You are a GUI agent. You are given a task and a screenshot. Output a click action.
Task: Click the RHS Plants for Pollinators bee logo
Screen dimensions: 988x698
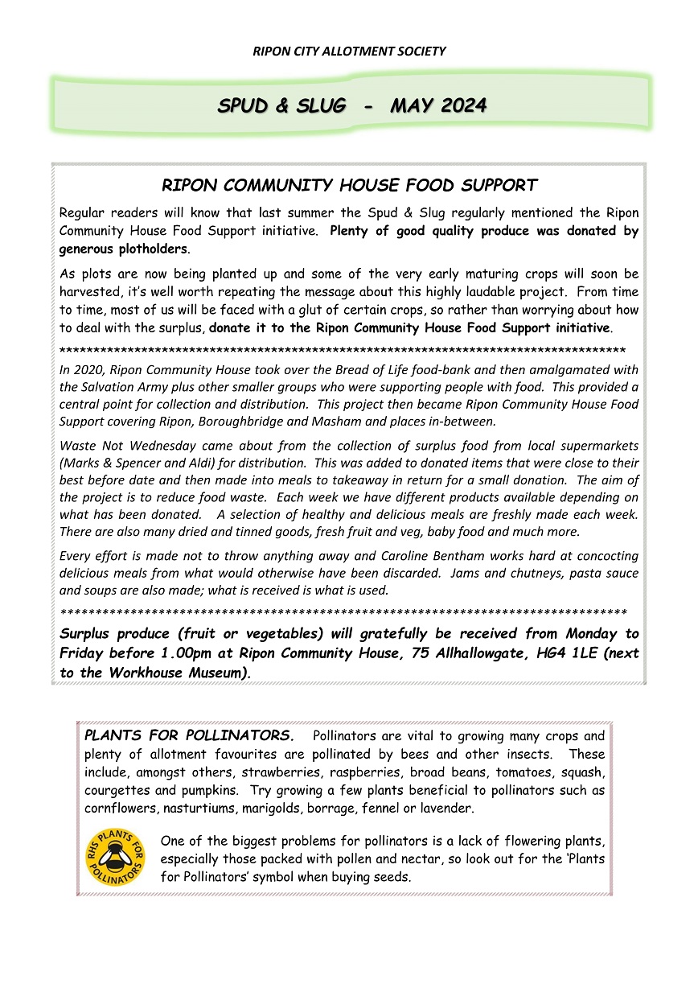116,858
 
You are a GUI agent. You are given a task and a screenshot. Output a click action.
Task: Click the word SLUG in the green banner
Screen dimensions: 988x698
318,105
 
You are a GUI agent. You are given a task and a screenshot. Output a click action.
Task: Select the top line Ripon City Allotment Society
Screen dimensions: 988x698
349,51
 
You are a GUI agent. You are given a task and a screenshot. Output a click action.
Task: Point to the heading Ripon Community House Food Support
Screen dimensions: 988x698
349,186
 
